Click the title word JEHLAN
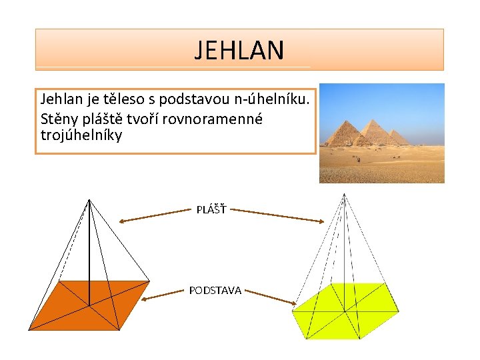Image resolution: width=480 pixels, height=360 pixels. [x=239, y=50]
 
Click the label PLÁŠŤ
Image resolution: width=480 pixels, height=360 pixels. [x=211, y=210]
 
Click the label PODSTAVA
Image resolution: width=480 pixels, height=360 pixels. [x=215, y=290]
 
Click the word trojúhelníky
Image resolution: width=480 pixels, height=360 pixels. [x=81, y=135]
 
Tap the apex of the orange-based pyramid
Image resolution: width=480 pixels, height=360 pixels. [x=89, y=199]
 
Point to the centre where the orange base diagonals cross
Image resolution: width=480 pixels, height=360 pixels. [x=89, y=305]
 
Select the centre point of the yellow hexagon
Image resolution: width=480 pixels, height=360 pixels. [x=345, y=311]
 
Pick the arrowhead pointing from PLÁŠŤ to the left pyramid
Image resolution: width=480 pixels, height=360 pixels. [x=122, y=221]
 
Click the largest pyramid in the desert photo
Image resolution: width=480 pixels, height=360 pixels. [x=342, y=134]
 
